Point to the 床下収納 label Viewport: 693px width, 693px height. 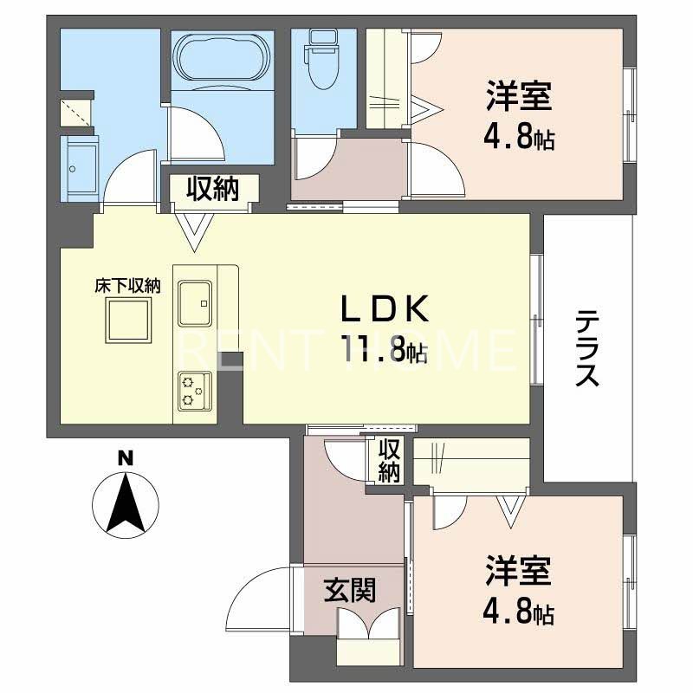click(x=128, y=285)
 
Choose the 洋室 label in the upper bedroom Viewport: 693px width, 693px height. click(x=519, y=98)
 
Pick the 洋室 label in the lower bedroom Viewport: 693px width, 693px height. click(x=519, y=573)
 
